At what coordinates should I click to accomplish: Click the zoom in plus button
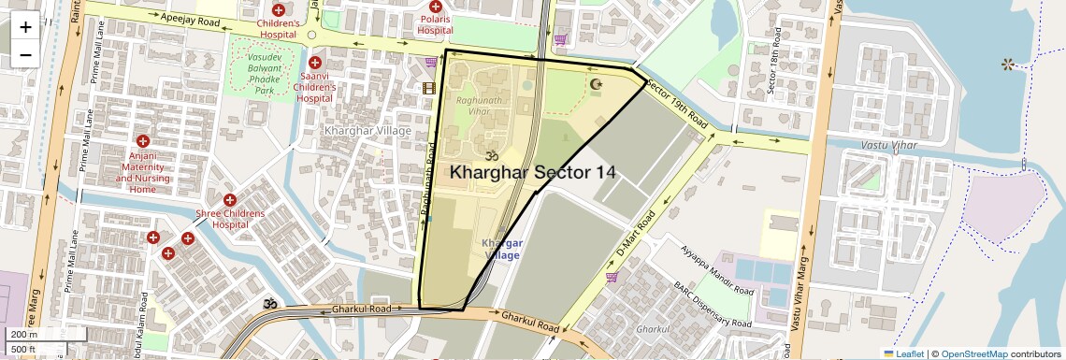25,27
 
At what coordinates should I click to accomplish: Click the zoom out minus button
25,55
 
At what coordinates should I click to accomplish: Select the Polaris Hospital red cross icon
436,7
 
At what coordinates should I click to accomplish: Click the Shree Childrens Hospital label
230,219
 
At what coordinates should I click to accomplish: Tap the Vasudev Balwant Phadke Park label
265,74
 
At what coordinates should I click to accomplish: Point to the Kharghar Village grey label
367,131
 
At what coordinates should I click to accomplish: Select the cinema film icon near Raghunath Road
429,89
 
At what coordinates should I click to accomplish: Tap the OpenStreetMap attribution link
973,353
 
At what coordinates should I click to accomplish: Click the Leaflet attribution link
903,353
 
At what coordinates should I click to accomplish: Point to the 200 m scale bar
47,335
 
